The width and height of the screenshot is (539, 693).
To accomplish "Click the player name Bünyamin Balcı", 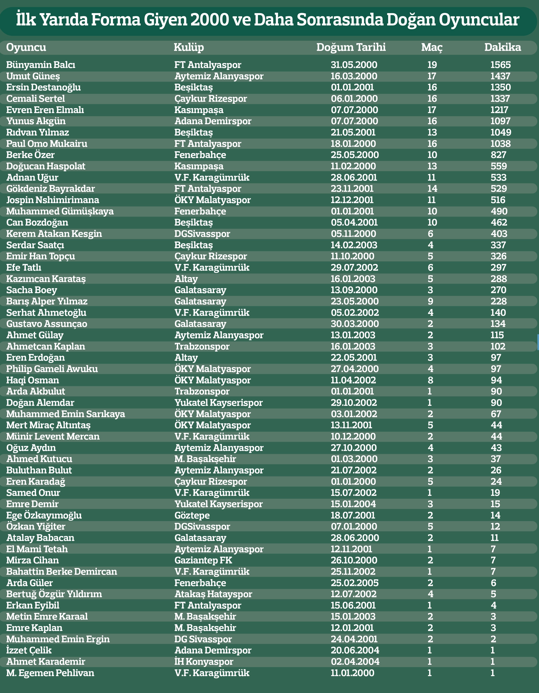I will point(41,65).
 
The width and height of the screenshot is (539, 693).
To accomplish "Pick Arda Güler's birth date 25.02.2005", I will point(354,583).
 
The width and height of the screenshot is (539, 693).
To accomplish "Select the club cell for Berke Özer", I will point(200,155).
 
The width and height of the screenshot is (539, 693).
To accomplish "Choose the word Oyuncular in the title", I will point(479,20).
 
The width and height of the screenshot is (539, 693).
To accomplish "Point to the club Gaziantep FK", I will point(203,560).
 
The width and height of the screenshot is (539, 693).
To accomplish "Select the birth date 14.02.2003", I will point(354,245).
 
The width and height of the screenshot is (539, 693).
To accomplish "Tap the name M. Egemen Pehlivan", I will point(50,673).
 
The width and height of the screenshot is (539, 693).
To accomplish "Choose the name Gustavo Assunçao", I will point(47,324).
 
